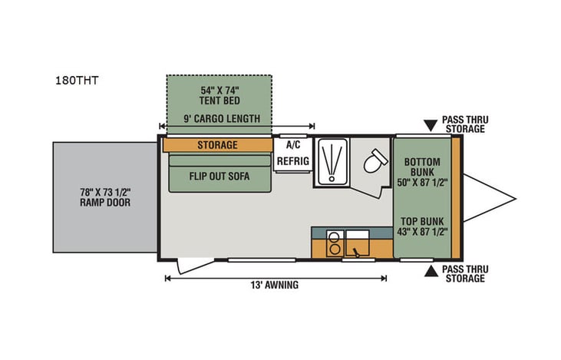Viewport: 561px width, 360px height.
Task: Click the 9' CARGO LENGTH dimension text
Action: click(222, 119)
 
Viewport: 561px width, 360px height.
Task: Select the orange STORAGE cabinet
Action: click(218, 144)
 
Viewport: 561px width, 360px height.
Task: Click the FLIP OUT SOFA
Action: click(219, 174)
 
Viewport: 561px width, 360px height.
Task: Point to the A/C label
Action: click(292, 144)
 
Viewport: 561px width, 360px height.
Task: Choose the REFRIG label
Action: click(292, 162)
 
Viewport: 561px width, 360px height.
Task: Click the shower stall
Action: click(332, 162)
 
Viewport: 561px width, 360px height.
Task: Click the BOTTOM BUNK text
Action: click(423, 167)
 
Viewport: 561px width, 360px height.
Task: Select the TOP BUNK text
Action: click(423, 225)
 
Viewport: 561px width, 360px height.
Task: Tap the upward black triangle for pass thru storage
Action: click(430, 271)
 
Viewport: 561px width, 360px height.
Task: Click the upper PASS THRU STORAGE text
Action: click(464, 124)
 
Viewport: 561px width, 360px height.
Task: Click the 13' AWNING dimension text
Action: click(274, 285)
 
